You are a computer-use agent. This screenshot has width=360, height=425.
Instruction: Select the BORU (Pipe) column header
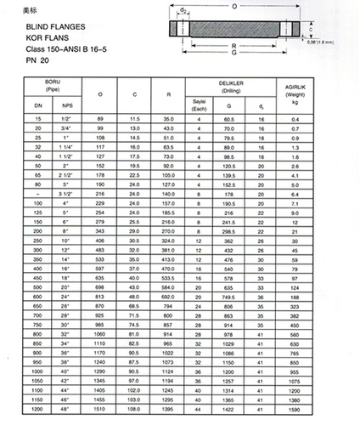point(54,82)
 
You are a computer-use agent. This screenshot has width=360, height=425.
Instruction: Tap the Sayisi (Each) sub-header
point(200,104)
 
